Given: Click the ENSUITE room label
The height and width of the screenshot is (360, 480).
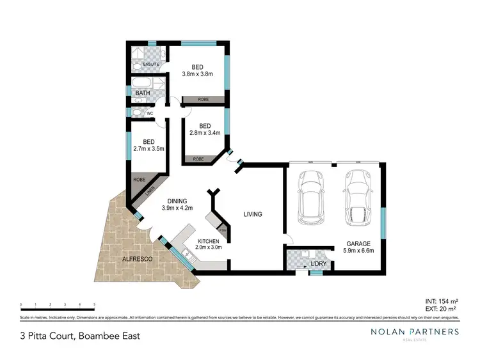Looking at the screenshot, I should (151, 65).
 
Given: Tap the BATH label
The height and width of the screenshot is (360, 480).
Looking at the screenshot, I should (141, 94).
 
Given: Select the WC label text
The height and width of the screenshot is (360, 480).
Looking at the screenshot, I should (150, 114).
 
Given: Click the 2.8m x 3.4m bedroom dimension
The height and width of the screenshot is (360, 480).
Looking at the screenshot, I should (205, 134).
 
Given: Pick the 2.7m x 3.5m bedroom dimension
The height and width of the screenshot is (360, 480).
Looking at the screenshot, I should (148, 149).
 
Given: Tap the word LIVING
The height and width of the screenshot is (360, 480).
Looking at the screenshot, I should (253, 214).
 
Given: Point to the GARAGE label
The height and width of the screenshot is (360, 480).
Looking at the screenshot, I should (358, 244).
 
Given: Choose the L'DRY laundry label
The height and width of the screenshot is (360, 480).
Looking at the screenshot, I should (318, 264).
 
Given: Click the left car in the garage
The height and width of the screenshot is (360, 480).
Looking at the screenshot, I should (310, 190).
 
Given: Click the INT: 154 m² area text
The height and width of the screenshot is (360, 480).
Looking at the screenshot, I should (442, 301).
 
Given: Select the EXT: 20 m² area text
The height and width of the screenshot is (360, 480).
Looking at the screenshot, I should (442, 308).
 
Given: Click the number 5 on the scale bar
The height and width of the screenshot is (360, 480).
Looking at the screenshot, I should (95, 304).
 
